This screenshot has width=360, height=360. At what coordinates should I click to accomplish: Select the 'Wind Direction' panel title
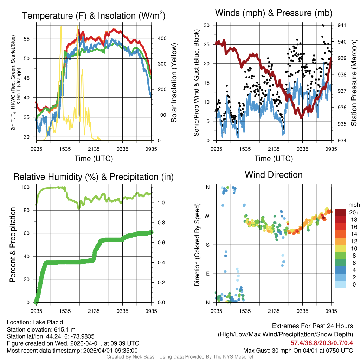(274, 174)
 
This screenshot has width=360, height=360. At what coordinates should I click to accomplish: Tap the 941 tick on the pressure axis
(342, 25)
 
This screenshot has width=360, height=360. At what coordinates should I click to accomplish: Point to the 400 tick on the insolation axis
(157, 38)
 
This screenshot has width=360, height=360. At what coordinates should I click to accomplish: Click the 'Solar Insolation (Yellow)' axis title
(174, 83)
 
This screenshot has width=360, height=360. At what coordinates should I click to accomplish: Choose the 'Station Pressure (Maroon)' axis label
(354, 83)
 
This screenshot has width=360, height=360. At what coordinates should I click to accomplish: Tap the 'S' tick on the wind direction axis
(207, 245)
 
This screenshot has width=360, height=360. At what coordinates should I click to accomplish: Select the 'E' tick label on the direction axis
(207, 274)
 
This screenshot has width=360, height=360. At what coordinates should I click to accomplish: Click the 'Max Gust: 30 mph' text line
(298, 350)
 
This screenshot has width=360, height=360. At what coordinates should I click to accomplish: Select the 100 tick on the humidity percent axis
(27, 187)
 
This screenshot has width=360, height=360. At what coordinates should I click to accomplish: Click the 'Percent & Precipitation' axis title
(12, 245)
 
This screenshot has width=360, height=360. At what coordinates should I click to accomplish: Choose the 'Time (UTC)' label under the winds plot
(274, 159)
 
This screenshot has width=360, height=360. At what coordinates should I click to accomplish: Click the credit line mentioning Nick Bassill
(180, 357)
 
